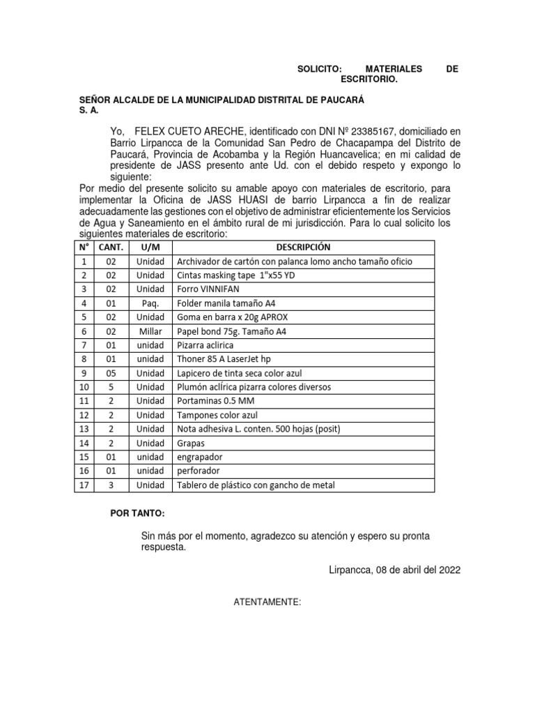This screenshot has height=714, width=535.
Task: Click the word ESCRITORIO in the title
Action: coord(373,80)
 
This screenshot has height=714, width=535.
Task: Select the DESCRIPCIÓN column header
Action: coord(303,248)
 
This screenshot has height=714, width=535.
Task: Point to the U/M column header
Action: coord(150,248)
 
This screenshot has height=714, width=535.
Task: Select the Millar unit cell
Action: coord(150,331)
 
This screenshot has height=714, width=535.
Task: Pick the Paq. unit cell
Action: coord(150,303)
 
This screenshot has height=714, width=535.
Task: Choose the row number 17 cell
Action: coord(84,485)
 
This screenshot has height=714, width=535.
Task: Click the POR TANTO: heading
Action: coord(138,514)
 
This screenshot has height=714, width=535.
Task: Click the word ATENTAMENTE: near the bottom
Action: coord(267,599)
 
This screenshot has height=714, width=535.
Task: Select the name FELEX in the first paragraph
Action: coord(151,131)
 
